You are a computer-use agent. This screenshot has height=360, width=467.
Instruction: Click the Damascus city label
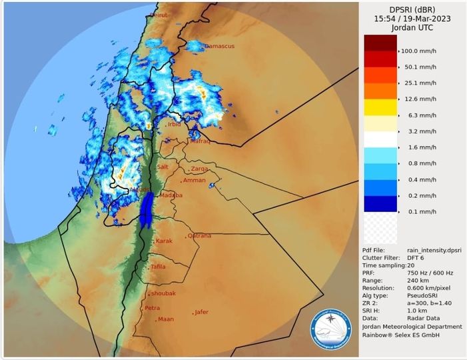tap(219, 46)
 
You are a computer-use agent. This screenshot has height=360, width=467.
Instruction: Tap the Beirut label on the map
tap(159, 14)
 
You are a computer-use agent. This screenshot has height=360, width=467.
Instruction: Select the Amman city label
tap(195, 180)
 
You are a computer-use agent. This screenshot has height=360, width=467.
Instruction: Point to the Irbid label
tap(175, 124)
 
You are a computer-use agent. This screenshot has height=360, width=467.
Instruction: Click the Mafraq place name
tap(200, 141)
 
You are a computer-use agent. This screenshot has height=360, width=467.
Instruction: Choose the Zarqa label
tap(200, 169)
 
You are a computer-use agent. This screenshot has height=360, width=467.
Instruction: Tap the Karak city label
tap(164, 240)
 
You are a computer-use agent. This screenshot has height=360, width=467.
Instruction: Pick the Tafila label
tap(158, 267)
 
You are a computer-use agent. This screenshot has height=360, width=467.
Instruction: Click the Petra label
tap(153, 308)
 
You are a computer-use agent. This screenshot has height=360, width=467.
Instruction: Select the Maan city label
tap(166, 319)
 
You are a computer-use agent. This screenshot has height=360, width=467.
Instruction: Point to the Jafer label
tap(201, 311)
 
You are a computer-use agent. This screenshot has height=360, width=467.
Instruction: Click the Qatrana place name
tap(200, 235)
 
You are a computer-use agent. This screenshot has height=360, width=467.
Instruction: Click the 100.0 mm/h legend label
tap(419, 51)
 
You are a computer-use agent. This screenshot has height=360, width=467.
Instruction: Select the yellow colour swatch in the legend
tap(380, 107)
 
